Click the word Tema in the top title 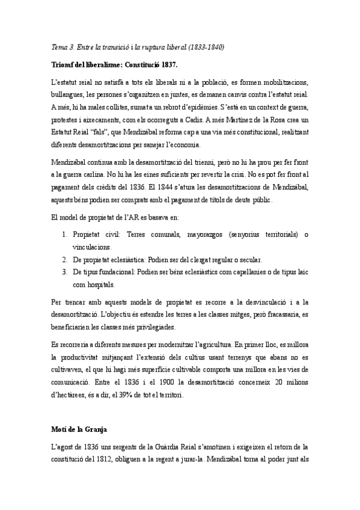point(59,47)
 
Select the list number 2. point(64,259)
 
